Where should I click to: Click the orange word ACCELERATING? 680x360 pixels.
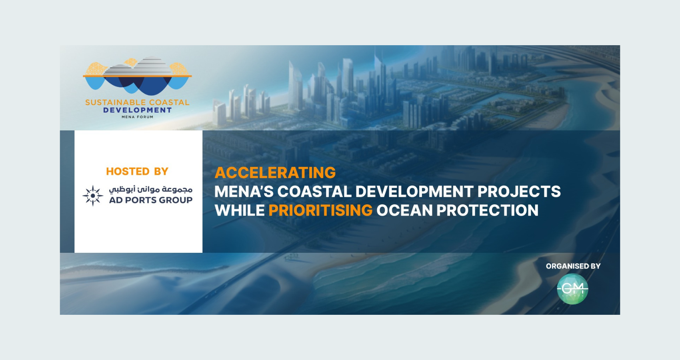coord(275,172)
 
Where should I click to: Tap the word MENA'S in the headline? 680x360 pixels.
coord(244,192)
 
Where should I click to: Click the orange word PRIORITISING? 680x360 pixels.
coord(320,210)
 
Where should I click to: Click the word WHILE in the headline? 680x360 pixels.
coord(240,210)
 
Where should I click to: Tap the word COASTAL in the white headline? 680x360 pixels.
coord(314,192)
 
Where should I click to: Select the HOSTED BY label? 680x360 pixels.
coord(137,172)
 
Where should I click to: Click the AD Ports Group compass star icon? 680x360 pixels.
coord(92,196)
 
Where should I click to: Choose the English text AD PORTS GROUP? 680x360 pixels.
coord(150,200)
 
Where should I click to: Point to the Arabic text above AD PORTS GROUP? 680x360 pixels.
coord(150,190)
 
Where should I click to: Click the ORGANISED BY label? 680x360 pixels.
coord(573,266)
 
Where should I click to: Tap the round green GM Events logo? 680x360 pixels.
coord(572,289)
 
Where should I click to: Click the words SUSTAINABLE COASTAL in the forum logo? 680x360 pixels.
coord(137,102)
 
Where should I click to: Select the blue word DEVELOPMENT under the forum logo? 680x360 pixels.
coord(138,110)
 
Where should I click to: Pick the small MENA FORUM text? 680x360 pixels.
coord(138,117)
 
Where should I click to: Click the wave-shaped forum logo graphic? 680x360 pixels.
coord(137,76)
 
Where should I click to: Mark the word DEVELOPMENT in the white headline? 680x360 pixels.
coord(414,192)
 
